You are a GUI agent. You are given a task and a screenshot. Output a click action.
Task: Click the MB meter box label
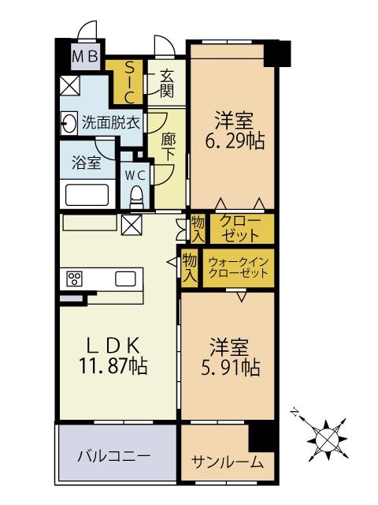[85, 57]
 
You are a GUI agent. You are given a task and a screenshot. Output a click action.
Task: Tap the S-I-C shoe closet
[129, 82]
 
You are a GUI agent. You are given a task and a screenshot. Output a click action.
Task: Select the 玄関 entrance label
[167, 84]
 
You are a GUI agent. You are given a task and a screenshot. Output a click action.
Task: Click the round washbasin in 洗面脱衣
[69, 123]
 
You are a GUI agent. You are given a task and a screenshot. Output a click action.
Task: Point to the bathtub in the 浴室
[87, 195]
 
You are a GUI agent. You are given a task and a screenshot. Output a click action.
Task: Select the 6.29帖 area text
[235, 140]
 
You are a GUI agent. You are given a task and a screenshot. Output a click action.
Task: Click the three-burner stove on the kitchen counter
[75, 279]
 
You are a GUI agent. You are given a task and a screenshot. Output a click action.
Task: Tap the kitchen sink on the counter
[125, 279]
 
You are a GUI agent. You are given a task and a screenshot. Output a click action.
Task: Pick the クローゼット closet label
[240, 228]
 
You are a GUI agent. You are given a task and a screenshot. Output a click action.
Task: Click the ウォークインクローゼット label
[238, 268]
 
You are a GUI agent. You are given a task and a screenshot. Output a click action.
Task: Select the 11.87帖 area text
[113, 366]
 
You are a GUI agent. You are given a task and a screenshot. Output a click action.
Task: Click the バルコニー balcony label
[113, 456]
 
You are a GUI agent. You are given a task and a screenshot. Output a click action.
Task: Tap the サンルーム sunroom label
[228, 462]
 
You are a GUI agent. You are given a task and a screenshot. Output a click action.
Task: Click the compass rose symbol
[328, 440]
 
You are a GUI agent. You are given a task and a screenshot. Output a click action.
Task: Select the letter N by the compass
[294, 412]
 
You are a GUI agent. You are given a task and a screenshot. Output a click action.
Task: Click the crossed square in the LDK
[132, 225]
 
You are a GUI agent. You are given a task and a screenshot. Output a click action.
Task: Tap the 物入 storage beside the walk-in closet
[190, 267]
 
